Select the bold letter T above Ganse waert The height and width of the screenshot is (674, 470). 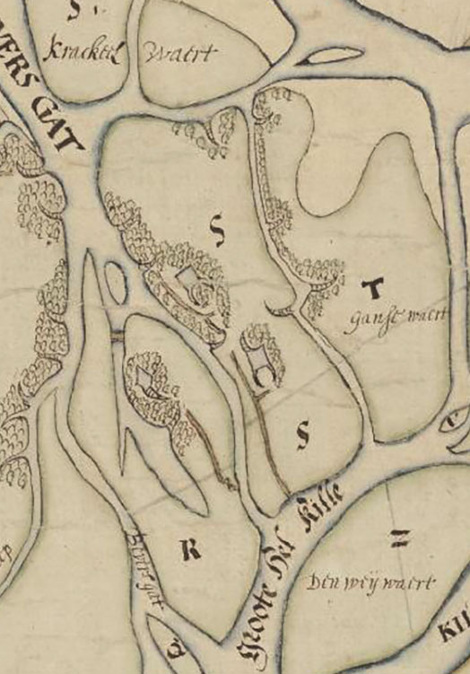click(x=376, y=287)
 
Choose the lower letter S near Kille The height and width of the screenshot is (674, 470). click(x=302, y=435)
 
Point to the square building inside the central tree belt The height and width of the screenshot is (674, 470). click(x=190, y=284)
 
